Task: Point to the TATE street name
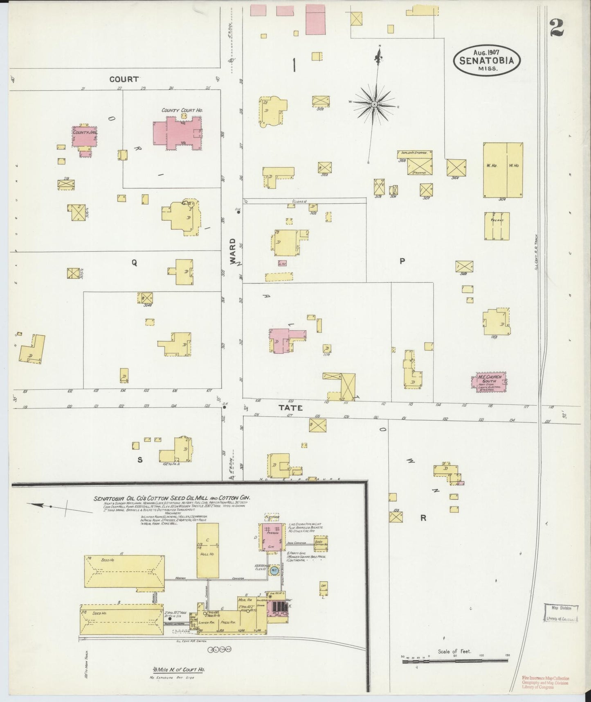pyautogui.click(x=290, y=408)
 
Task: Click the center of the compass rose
pyautogui.click(x=374, y=105)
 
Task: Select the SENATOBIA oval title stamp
pyautogui.click(x=486, y=60)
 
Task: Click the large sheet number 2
pyautogui.click(x=557, y=28)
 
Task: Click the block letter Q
pyautogui.click(x=134, y=264)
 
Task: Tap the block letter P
pyautogui.click(x=402, y=261)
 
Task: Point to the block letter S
pyautogui.click(x=139, y=460)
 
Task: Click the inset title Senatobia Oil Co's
pyautogui.click(x=172, y=498)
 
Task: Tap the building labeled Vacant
pyautogui.click(x=497, y=226)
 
